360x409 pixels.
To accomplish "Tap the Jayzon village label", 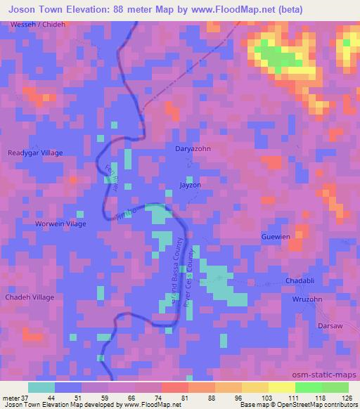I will (x=190, y=186).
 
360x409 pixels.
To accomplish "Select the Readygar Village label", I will (x=35, y=152).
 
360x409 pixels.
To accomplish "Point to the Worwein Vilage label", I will (x=60, y=223).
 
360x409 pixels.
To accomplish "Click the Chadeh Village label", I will (x=30, y=297).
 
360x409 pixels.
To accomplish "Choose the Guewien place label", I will (x=276, y=237).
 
